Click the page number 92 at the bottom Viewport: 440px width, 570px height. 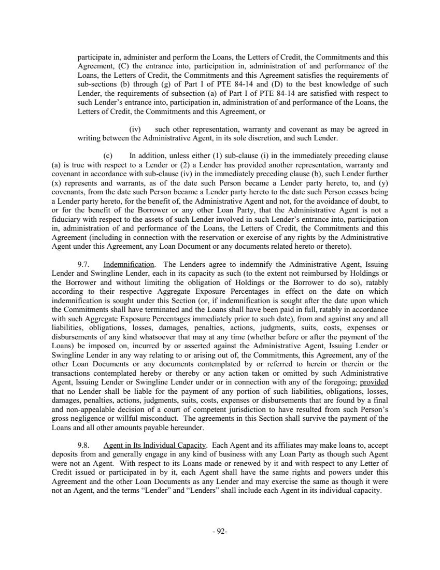point(220,532)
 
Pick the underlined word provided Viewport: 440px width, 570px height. point(373,382)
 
